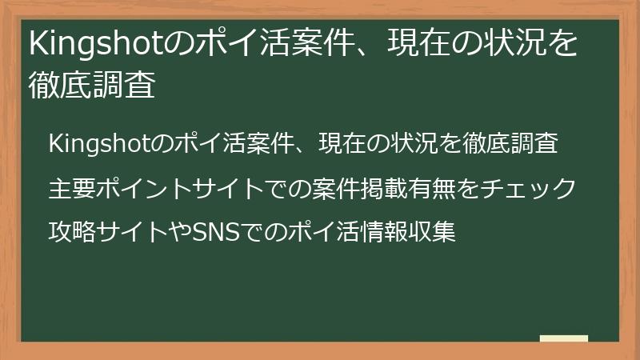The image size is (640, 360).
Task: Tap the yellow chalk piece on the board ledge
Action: tap(563, 338)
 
